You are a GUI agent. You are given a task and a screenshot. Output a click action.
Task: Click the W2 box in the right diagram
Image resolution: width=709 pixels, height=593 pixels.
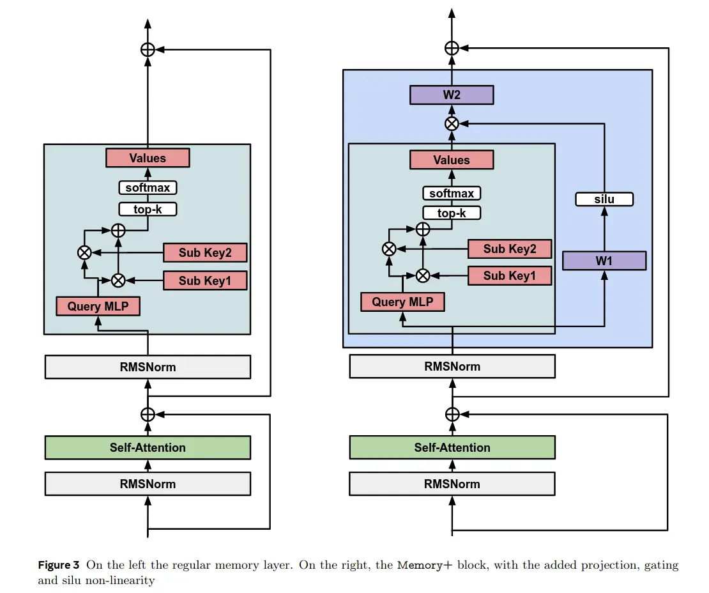click(452, 96)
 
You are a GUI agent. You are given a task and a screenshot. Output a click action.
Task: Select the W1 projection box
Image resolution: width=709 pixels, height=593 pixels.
click(604, 261)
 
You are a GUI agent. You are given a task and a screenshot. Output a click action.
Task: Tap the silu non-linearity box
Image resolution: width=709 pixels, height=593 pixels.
click(604, 199)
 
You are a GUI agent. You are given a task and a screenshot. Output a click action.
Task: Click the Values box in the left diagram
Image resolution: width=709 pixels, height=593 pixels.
click(148, 158)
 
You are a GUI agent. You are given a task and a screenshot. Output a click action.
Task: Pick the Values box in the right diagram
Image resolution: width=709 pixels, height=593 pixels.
click(452, 160)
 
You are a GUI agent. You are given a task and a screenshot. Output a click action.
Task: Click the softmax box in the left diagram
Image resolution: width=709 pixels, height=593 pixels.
click(148, 188)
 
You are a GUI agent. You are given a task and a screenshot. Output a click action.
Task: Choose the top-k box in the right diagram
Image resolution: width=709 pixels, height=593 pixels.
click(452, 213)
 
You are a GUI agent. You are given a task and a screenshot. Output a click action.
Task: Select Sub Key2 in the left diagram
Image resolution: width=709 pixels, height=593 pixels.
click(205, 253)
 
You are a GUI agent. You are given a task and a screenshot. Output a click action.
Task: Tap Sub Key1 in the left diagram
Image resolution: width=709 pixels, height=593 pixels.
click(205, 280)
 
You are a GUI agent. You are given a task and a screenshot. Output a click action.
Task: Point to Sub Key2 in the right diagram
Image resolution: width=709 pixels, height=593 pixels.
click(510, 249)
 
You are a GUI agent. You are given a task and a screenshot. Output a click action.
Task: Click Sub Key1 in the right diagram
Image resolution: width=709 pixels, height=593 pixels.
click(510, 276)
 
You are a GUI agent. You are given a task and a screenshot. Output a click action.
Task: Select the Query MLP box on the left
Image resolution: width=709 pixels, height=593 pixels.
click(98, 307)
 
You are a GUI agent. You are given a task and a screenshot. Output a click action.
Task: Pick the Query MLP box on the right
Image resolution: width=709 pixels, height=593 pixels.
click(402, 302)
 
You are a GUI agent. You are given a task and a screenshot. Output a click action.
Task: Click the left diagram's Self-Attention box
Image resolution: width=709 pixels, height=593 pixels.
click(148, 447)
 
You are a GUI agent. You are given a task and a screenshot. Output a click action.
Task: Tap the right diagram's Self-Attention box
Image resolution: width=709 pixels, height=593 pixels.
click(452, 447)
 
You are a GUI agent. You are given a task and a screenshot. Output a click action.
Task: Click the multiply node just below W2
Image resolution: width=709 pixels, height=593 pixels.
click(452, 124)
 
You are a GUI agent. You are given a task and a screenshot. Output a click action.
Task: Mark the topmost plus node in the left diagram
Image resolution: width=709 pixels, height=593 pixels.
click(148, 49)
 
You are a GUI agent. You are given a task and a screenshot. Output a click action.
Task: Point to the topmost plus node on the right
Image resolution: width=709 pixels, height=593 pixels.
click(452, 48)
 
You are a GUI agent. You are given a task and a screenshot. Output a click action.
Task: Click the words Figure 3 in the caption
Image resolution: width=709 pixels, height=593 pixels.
click(59, 566)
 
